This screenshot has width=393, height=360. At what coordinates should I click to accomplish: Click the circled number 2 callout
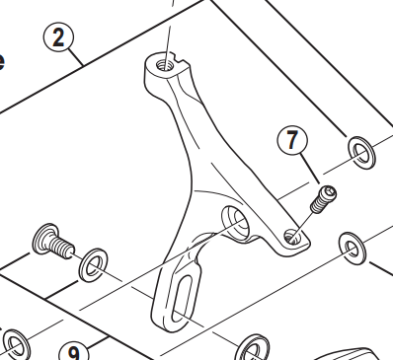tap(59, 38)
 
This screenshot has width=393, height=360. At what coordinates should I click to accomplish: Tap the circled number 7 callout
tap(292, 141)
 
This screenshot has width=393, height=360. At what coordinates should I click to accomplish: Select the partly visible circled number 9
tap(74, 351)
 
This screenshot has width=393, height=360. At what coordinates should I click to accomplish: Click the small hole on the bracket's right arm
tap(290, 237)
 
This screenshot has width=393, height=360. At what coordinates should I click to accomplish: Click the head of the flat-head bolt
tap(42, 238)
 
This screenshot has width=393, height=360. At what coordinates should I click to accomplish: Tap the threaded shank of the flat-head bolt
tap(64, 246)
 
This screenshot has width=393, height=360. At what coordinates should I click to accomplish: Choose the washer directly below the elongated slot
tap(250, 348)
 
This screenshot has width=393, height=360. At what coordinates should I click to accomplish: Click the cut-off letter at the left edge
tap(3, 61)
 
